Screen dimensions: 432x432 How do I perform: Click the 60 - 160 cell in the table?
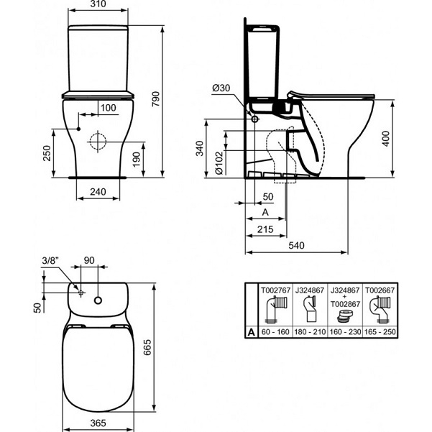point(275,332)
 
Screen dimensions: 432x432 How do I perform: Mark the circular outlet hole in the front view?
point(96,141)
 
